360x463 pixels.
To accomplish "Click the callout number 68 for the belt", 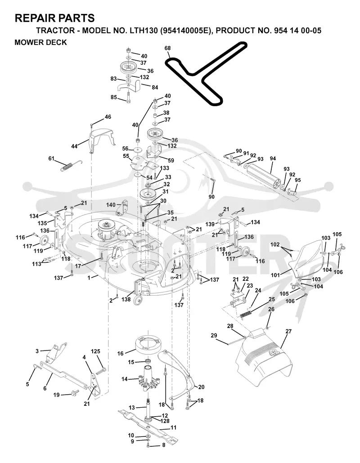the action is click(167, 48).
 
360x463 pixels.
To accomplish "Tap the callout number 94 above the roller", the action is click(273, 158).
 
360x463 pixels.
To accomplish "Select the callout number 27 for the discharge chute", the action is click(288, 331).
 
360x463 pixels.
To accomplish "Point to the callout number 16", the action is click(120, 353).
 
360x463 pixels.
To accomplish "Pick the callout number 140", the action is click(111, 205).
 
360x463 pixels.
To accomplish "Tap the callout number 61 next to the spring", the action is click(51, 158).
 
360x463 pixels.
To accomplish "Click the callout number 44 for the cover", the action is click(74, 146).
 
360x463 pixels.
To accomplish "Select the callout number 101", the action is click(275, 275).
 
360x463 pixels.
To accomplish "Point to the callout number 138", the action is click(126, 299).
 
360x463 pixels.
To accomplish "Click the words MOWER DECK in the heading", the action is click(41, 42).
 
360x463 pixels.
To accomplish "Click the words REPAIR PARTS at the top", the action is click(54, 18).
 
